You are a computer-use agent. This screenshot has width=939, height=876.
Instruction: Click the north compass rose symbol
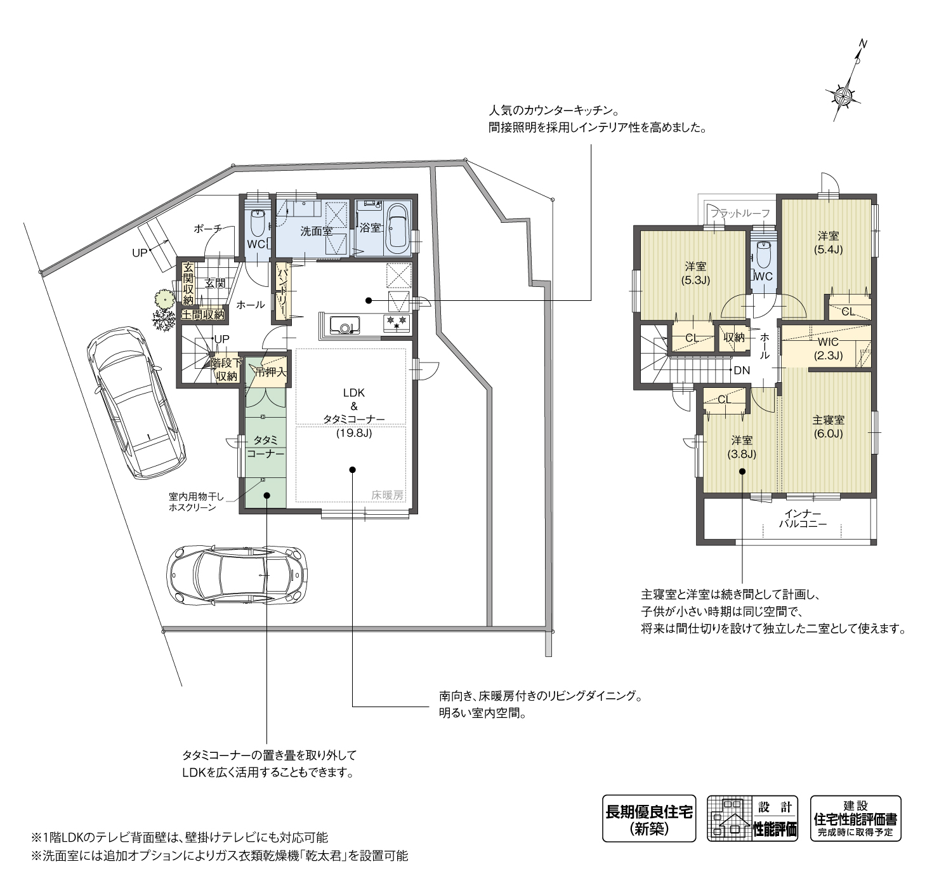point(844,95)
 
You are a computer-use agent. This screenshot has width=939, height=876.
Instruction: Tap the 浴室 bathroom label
point(370,228)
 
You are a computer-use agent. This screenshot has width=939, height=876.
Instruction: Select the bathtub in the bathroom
point(397,227)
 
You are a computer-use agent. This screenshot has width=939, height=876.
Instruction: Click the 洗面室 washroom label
point(316,231)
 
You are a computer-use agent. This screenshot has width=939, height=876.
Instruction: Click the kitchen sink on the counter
point(345,325)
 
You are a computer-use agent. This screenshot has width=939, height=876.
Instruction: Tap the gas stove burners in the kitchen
point(397,323)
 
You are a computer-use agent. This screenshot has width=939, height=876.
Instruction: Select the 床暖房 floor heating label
point(387,495)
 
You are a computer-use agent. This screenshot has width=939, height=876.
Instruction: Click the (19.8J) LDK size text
point(353,434)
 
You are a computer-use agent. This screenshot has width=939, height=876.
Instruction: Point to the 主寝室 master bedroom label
point(828,420)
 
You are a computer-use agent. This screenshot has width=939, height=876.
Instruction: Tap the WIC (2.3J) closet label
point(828,348)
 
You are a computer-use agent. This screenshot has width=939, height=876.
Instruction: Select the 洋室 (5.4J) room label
point(828,242)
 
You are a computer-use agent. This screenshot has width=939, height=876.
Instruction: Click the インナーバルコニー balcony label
point(803,519)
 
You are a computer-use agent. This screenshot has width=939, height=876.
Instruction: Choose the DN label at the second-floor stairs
point(741,370)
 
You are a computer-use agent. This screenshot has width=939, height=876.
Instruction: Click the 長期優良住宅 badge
point(648,818)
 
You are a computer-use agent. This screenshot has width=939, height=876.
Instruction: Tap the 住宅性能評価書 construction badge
point(855,818)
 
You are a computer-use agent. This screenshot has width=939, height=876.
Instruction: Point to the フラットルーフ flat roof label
point(740,213)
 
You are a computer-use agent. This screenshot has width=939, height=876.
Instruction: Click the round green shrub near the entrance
point(164,298)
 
